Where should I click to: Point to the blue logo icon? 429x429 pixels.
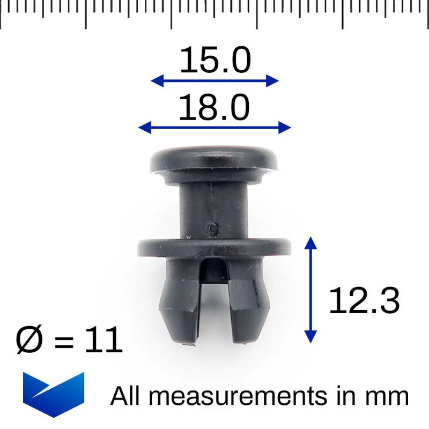(x=53, y=394)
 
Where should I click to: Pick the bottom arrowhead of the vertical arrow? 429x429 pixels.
(x=310, y=337)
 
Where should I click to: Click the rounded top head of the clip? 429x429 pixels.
(x=214, y=159)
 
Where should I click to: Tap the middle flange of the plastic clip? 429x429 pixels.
(x=214, y=247)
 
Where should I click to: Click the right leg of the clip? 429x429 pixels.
(x=249, y=300)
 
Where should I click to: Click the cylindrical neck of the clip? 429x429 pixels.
(x=214, y=206)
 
